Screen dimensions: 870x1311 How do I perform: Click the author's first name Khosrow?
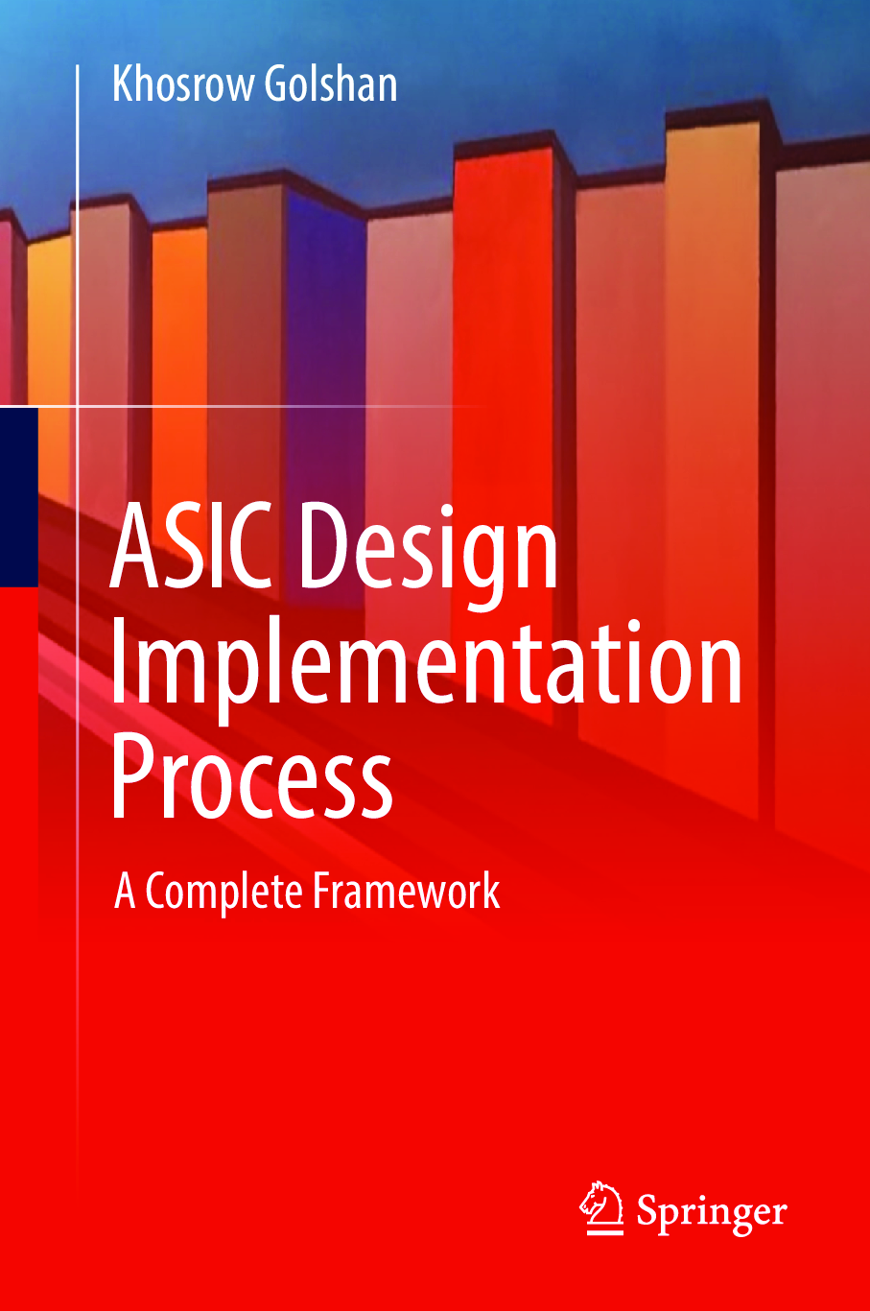click(183, 83)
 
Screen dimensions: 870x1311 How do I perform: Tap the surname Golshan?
click(331, 83)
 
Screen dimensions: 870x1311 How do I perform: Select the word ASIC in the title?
click(191, 545)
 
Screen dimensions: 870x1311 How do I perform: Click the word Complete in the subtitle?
click(224, 892)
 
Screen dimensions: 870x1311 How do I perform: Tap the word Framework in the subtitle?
click(407, 891)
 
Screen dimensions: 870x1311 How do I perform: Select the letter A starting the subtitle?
click(125, 891)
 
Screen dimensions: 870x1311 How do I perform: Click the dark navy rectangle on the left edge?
click(19, 497)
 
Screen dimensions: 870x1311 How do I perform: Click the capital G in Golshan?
click(276, 83)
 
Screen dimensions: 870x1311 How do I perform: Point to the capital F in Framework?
click(323, 891)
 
